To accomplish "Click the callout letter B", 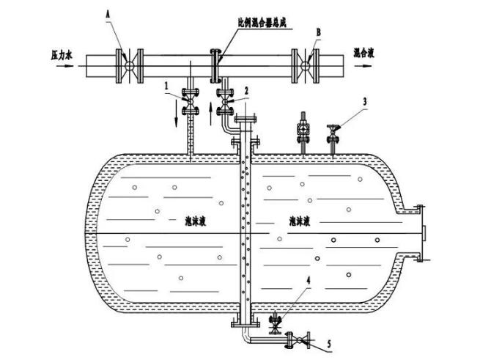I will pos(318,32).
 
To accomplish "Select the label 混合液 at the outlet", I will pos(366,54).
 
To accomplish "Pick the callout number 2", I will pos(246,89).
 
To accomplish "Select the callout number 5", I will pos(328,342).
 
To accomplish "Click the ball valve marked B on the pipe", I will pos(304,65).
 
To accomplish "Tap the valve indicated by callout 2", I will pos(225,102).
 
